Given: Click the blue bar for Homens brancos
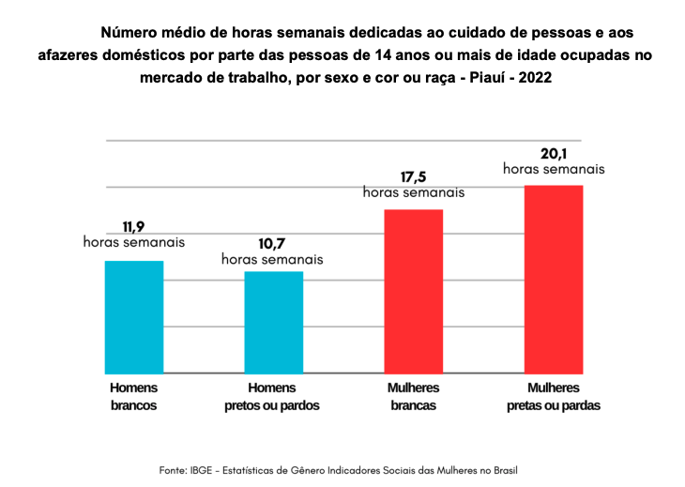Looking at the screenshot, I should (x=133, y=316).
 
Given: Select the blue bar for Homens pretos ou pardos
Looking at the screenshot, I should (x=274, y=322).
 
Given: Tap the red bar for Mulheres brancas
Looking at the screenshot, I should (x=414, y=291).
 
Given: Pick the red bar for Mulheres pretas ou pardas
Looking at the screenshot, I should (x=554, y=279).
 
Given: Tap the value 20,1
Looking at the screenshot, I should (x=553, y=153).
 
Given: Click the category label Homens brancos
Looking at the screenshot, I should (x=133, y=397).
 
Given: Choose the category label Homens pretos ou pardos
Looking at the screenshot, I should (x=272, y=397).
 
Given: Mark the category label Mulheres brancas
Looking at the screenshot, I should (x=414, y=397).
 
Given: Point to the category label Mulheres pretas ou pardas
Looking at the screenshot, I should (x=554, y=397).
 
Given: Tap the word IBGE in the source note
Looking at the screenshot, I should (x=205, y=469).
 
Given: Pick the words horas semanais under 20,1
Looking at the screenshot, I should (x=554, y=170).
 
